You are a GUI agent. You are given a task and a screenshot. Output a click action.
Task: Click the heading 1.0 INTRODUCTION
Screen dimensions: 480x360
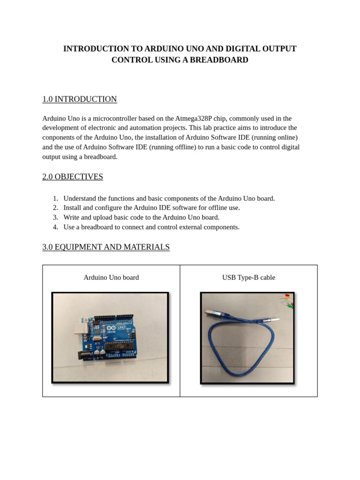(79, 99)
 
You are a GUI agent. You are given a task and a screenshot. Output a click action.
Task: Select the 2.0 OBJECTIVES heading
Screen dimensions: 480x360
(73, 177)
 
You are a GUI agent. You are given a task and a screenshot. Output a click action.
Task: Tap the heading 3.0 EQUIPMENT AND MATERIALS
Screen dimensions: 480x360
(106, 247)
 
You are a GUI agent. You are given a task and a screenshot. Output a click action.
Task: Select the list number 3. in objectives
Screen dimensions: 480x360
(55, 217)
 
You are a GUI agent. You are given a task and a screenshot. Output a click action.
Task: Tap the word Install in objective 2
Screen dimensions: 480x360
(73, 208)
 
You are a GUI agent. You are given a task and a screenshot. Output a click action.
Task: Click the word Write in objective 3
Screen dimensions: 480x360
(72, 217)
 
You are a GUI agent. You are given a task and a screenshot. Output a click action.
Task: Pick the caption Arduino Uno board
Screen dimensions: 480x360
(111, 277)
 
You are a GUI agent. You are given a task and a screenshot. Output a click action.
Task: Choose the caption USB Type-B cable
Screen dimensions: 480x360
(248, 277)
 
